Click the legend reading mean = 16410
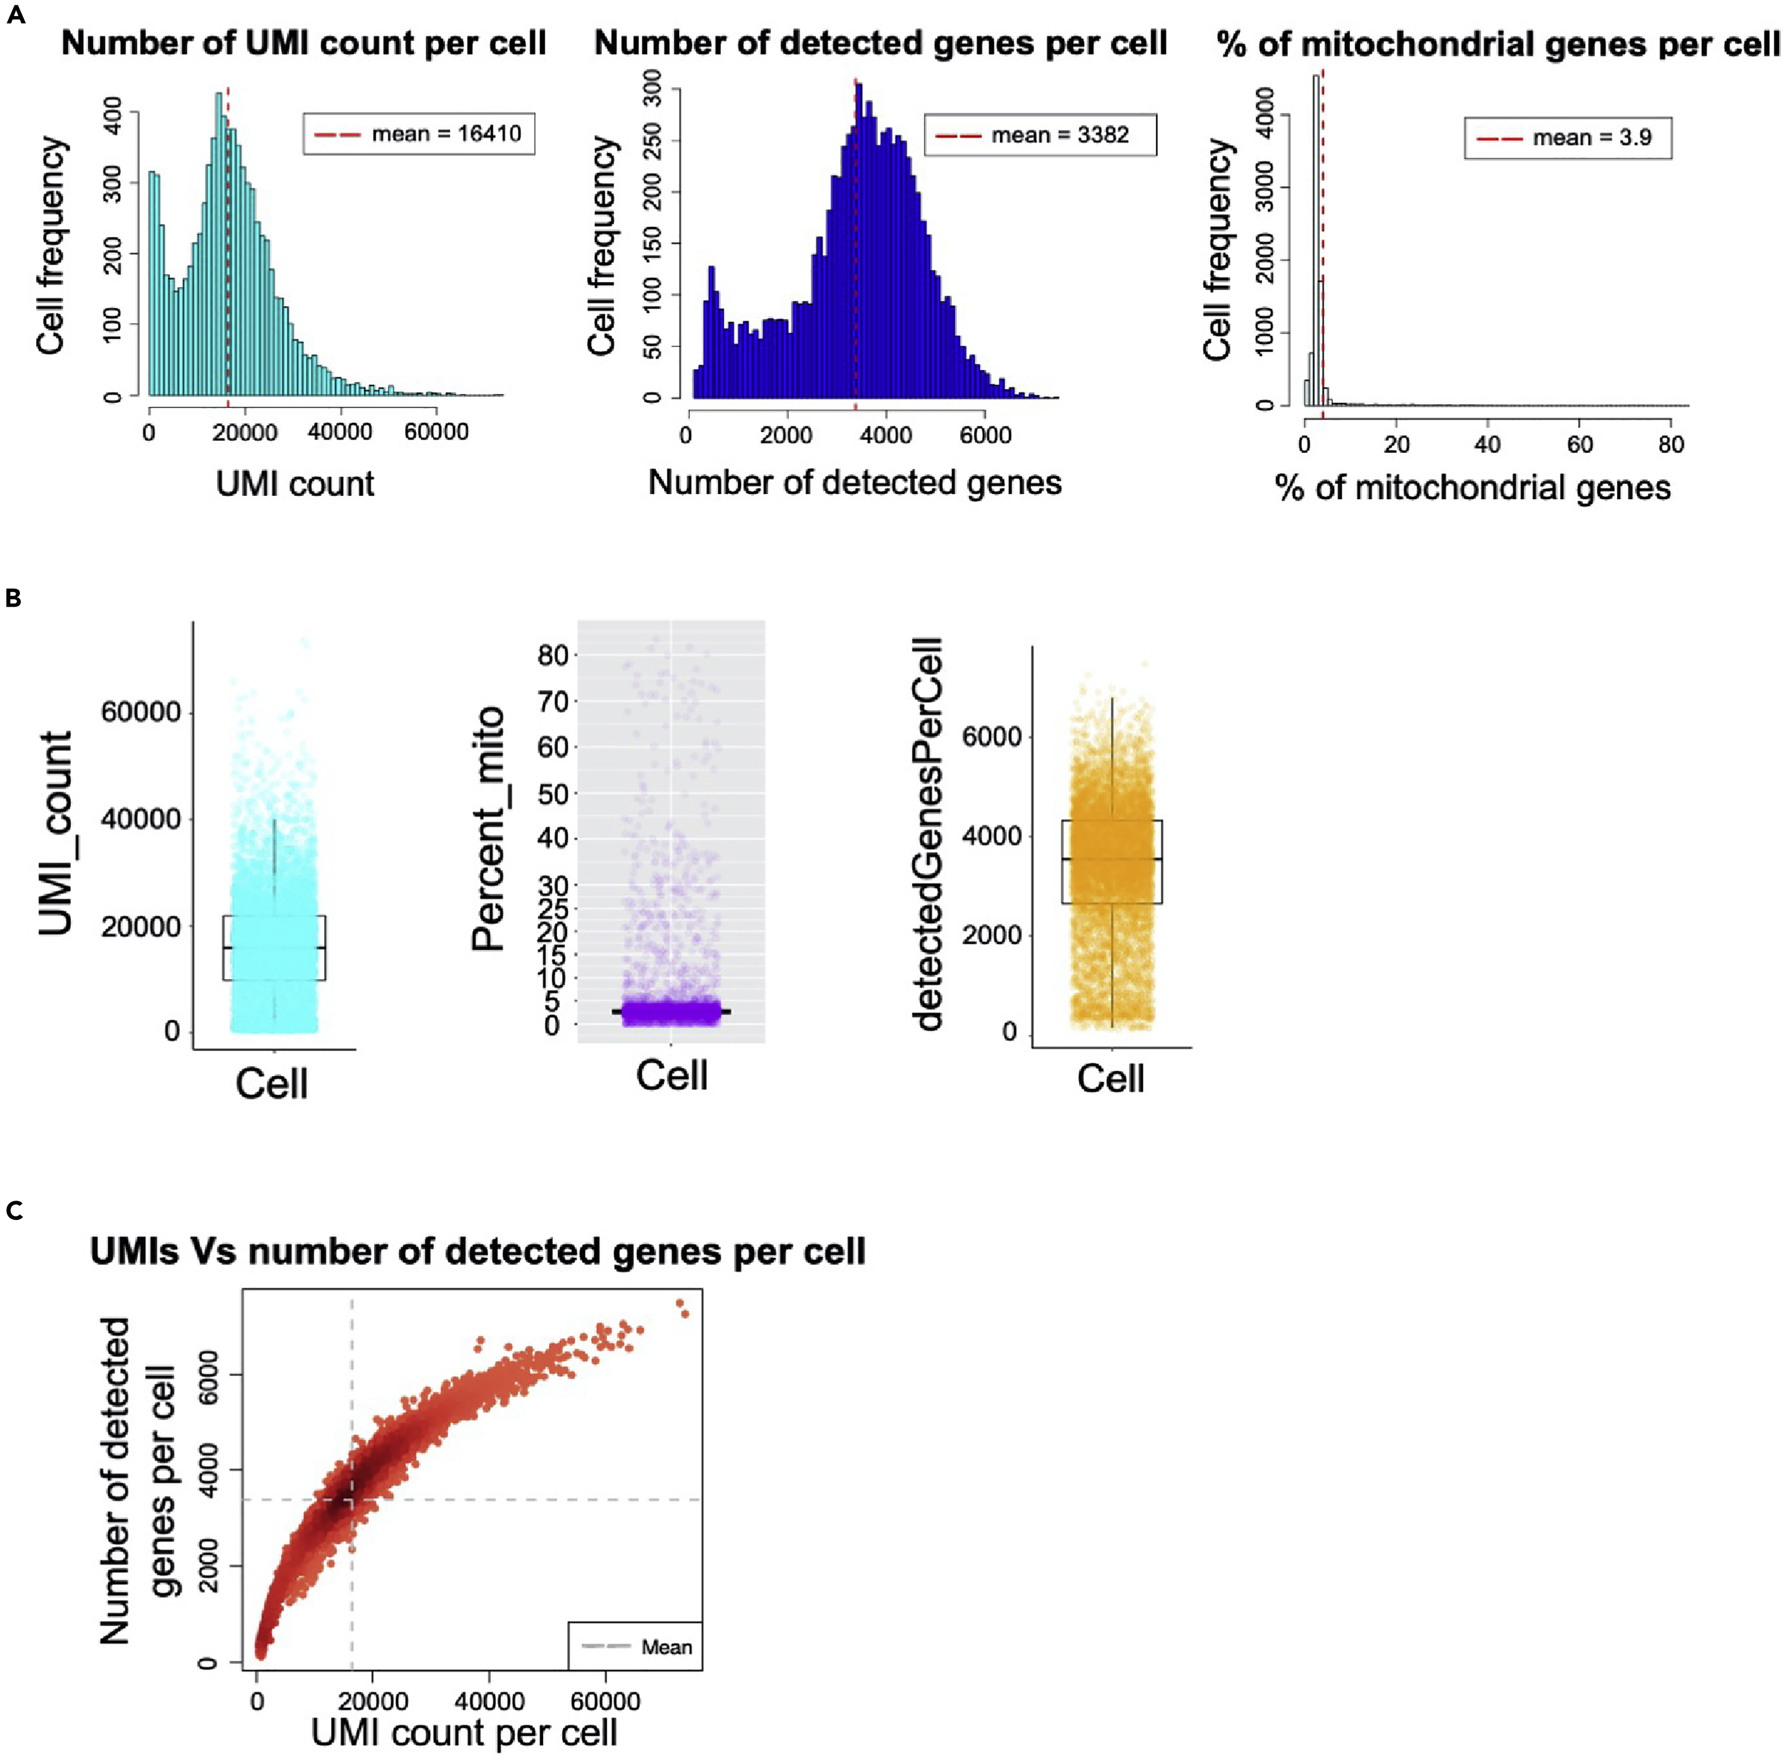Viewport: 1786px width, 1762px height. coord(419,134)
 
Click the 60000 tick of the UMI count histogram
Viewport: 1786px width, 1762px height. coord(437,432)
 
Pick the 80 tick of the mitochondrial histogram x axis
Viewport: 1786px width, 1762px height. coord(1670,445)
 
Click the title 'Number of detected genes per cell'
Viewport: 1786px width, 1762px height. coord(880,44)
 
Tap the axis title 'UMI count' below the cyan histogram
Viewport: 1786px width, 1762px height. coord(295,483)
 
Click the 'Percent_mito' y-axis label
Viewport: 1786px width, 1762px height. coord(488,829)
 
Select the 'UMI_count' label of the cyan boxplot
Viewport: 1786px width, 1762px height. coord(55,834)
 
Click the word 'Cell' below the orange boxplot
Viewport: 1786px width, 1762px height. coord(1110,1078)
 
